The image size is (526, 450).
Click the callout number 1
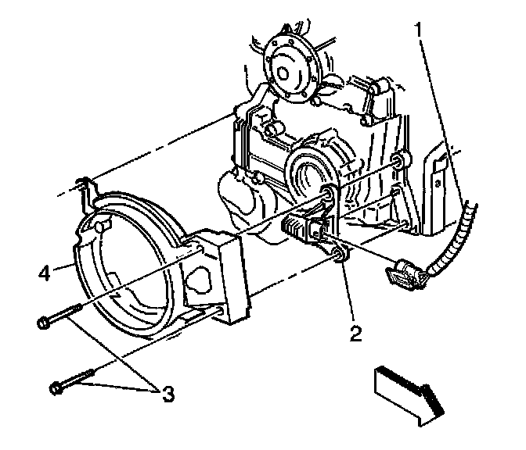pos(422,30)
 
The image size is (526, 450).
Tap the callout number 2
pos(355,334)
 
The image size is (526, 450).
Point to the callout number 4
pos(45,273)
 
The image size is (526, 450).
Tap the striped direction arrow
pos(409,391)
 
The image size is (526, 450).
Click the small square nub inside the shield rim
pos(99,227)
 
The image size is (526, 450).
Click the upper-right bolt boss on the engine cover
pos(398,162)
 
